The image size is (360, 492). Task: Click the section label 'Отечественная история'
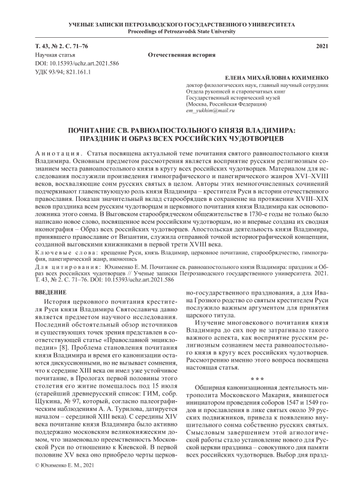[181, 55]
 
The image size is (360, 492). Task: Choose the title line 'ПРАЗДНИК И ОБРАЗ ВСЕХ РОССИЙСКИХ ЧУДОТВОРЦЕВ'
[179, 137]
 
